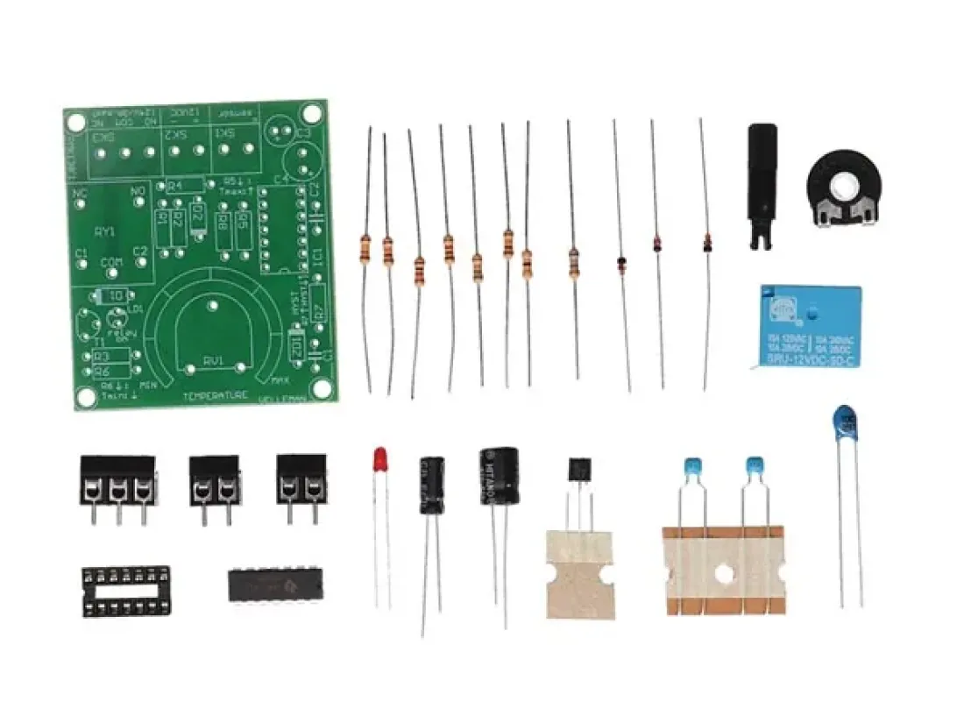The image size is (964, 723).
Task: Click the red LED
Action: (x=379, y=458)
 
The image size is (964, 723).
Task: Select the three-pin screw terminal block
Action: (x=117, y=479)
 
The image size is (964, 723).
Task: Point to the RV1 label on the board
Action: (x=213, y=360)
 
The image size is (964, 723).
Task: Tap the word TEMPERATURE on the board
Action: (x=215, y=395)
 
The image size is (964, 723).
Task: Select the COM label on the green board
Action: (x=111, y=263)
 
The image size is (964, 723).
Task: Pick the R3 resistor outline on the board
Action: (x=103, y=356)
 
